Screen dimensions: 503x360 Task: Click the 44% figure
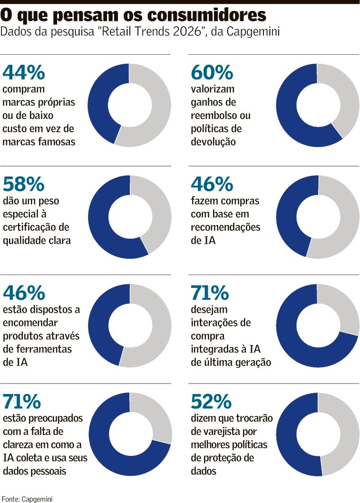coord(24,73)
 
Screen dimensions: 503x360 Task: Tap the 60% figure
coord(212,73)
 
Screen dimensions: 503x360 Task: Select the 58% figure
coord(24,184)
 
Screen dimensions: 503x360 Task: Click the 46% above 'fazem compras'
coord(212,184)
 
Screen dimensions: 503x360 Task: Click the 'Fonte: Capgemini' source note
coord(27,498)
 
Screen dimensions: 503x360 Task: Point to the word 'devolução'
coord(213,142)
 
